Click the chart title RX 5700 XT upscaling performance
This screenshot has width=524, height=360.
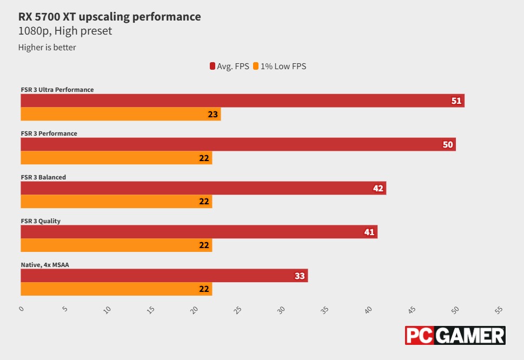pyautogui.click(x=109, y=17)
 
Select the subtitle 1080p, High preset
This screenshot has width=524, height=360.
pyautogui.click(x=65, y=31)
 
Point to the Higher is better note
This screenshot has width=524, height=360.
pyautogui.click(x=47, y=48)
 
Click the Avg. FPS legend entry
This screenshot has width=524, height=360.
pyautogui.click(x=229, y=66)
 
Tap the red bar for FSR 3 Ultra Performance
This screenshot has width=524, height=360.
pyautogui.click(x=242, y=101)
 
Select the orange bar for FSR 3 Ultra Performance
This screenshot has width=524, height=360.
pyautogui.click(x=121, y=114)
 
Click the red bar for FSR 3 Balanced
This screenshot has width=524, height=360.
pyautogui.click(x=203, y=188)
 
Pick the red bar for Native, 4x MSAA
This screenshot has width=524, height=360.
pyautogui.click(x=164, y=276)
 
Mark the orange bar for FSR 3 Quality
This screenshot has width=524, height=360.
pyautogui.click(x=116, y=245)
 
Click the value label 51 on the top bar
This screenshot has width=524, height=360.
pyautogui.click(x=456, y=101)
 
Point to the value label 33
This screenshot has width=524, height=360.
pyautogui.click(x=300, y=276)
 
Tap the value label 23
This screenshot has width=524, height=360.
pyautogui.click(x=213, y=114)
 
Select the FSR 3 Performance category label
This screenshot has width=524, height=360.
pyautogui.click(x=49, y=134)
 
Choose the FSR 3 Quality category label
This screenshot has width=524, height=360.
pyautogui.click(x=41, y=221)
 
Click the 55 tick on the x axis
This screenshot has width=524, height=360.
pyautogui.click(x=499, y=310)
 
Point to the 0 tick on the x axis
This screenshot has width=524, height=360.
pyautogui.click(x=22, y=309)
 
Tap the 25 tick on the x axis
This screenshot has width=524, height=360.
pyautogui.click(x=237, y=310)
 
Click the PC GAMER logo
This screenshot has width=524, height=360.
pyautogui.click(x=455, y=335)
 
